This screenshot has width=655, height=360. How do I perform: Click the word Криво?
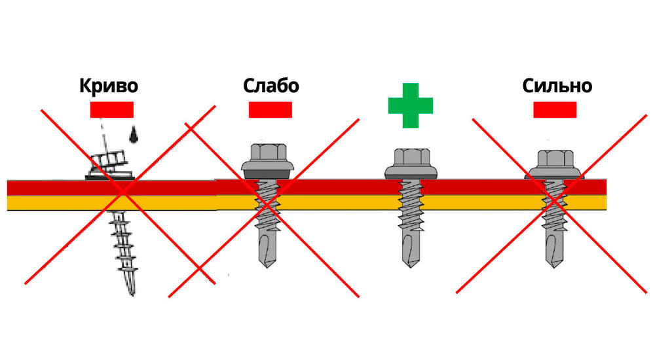click(109, 86)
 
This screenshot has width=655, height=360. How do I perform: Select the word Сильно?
click(557, 86)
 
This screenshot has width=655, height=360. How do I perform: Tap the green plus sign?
click(411, 105)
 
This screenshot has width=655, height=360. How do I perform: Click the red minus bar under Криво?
click(111, 109)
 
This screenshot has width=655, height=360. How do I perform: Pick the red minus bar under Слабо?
click(270, 109)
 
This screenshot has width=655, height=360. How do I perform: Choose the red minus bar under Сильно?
click(555, 109)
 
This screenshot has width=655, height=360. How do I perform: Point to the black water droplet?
click(134, 134)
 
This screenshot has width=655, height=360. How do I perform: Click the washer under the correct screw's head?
click(411, 172)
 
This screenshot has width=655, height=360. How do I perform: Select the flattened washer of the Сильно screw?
click(555, 174)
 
